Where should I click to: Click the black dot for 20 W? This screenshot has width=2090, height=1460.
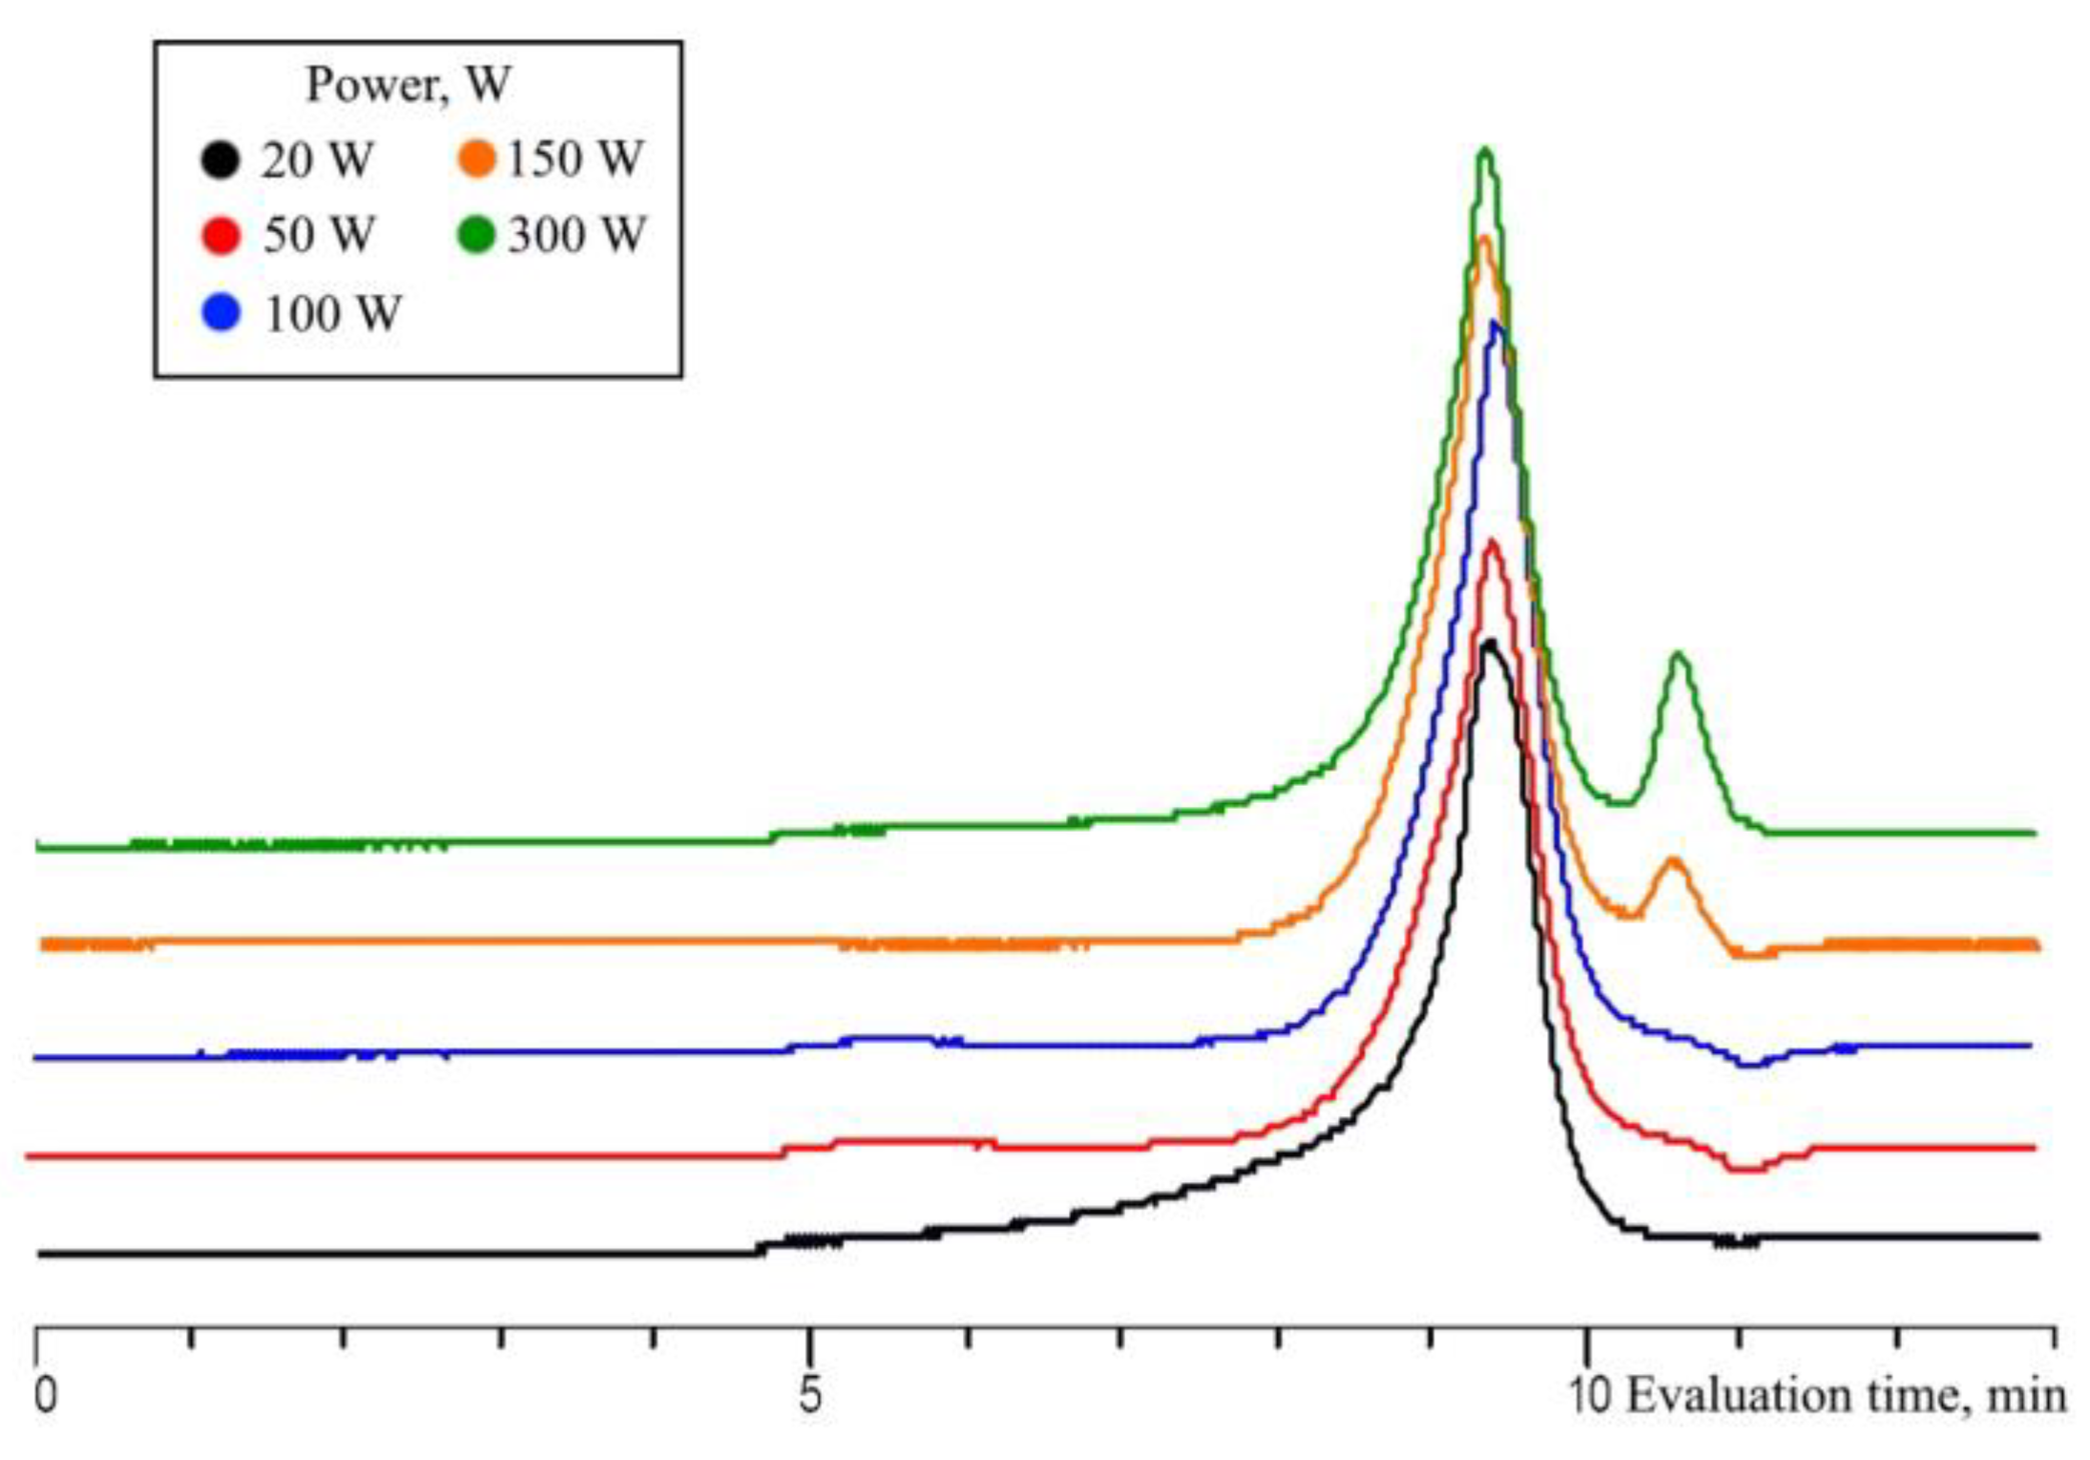[x=219, y=159]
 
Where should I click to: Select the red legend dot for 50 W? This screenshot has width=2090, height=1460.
[x=220, y=235]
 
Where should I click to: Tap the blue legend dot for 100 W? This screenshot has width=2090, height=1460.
[x=221, y=313]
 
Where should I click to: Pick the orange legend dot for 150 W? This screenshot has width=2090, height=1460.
[x=476, y=159]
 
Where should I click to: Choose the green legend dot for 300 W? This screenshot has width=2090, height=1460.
[x=476, y=235]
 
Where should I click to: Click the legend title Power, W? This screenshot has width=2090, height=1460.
[x=408, y=85]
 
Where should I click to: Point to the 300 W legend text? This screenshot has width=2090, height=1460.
[x=576, y=235]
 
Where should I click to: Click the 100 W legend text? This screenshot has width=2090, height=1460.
[x=333, y=314]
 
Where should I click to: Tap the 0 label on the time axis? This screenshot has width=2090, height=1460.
[x=45, y=1395]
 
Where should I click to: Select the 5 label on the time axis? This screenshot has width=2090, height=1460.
[x=809, y=1395]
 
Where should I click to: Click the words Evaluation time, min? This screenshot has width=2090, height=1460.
[x=1846, y=1396]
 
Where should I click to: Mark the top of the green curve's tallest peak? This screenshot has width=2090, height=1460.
[x=1485, y=150]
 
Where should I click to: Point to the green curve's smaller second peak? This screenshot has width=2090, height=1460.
[x=1679, y=655]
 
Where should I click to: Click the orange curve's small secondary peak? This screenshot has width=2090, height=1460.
[x=1672, y=860]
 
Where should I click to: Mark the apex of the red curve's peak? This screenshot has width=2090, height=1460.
[x=1492, y=542]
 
